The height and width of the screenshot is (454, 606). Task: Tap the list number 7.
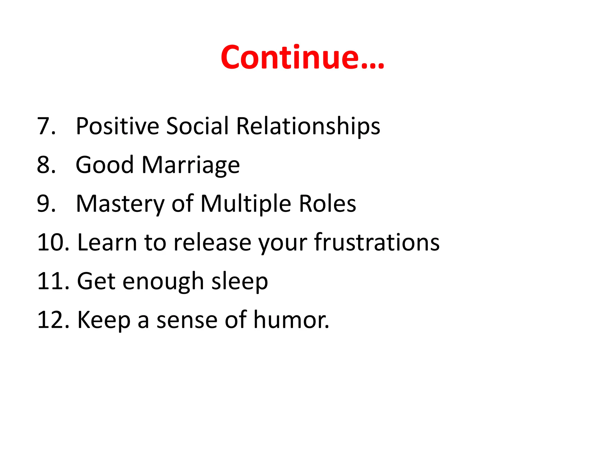click(x=46, y=126)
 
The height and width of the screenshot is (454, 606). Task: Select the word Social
click(x=197, y=126)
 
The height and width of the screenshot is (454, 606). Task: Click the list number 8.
click(x=46, y=165)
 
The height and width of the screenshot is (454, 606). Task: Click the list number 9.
click(x=46, y=204)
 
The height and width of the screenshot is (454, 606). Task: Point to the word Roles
click(x=327, y=204)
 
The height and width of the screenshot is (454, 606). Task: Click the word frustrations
click(x=377, y=242)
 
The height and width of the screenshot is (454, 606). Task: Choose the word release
click(x=212, y=242)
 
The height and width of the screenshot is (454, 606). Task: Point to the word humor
click(x=291, y=320)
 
